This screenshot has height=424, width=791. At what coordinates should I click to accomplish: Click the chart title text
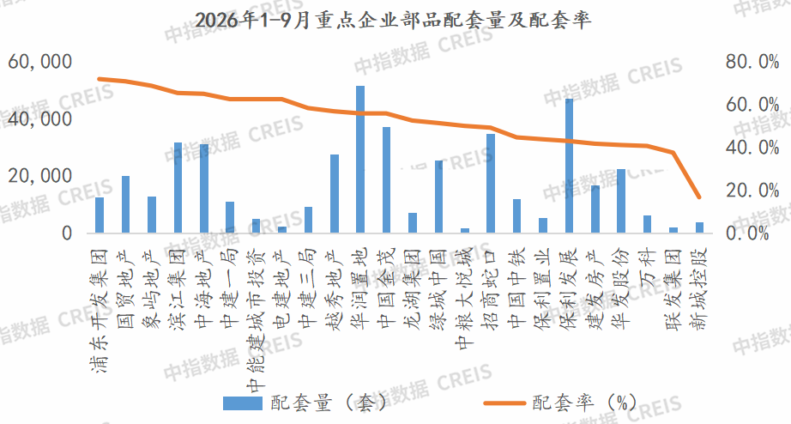tap(393, 21)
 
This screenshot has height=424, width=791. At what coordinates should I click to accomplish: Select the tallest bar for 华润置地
tap(360, 159)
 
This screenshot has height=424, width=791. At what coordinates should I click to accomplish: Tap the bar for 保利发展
tap(569, 166)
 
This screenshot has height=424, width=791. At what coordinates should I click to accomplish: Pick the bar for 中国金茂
tap(386, 179)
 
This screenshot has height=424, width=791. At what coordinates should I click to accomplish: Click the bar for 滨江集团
tap(178, 187)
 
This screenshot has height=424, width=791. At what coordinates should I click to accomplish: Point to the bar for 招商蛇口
tap(491, 183)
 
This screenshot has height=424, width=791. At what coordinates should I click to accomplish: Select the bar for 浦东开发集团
tap(100, 215)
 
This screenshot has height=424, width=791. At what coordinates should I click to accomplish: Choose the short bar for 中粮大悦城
tap(465, 231)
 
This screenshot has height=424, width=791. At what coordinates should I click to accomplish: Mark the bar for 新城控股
tap(700, 227)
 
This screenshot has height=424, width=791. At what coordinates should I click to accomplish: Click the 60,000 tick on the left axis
tap(40, 62)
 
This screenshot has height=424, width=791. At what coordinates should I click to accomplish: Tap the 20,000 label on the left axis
tap(40, 176)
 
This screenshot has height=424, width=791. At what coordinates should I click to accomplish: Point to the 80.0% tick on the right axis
tap(752, 62)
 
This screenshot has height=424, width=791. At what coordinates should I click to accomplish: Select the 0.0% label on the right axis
tap(746, 233)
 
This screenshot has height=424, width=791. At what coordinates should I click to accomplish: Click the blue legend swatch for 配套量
tap(243, 403)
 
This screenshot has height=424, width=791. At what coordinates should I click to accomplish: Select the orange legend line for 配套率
tap(504, 403)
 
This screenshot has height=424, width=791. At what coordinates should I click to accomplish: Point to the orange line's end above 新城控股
tap(699, 197)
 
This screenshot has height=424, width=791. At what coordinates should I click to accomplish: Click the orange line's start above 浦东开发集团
tap(100, 79)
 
